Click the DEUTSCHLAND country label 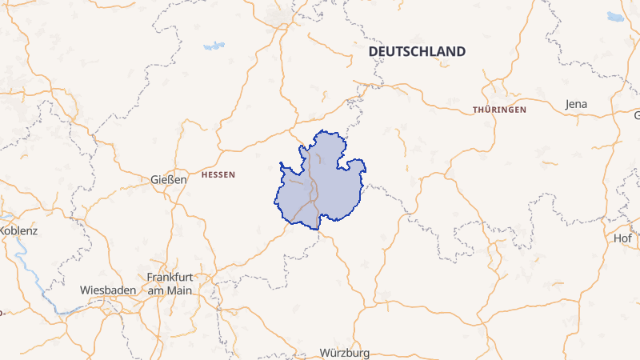pos(417,51)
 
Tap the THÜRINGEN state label pos(499,109)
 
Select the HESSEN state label pos(218,174)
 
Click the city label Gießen pos(169,179)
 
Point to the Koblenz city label pos(18,230)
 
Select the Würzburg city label pos(344,353)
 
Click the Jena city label pos(576,104)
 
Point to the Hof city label pos(622,238)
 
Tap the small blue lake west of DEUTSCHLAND pos(214,46)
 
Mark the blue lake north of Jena pos(615,15)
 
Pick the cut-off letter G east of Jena pos(637,115)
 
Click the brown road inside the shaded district pos(314,192)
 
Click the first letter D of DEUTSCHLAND pos(373,51)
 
